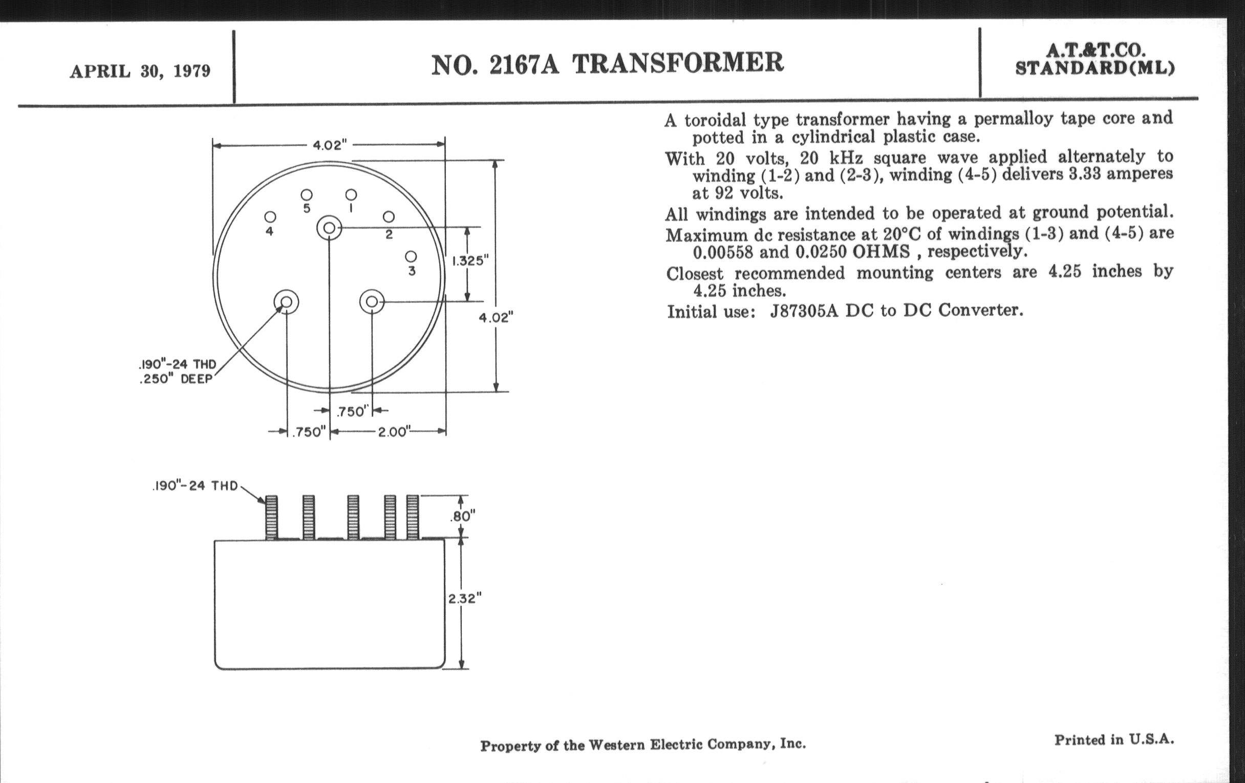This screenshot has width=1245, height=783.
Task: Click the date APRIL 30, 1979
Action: pyautogui.click(x=140, y=71)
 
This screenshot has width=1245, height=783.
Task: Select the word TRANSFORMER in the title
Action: pyautogui.click(x=677, y=63)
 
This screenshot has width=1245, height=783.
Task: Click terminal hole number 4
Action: pyautogui.click(x=270, y=217)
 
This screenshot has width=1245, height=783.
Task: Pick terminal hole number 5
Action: pyautogui.click(x=307, y=195)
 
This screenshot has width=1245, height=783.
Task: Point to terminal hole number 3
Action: pyautogui.click(x=411, y=257)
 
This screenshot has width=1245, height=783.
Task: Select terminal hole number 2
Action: pyautogui.click(x=389, y=217)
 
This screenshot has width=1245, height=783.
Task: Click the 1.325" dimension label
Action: pyautogui.click(x=470, y=260)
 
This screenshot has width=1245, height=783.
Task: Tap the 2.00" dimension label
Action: pyautogui.click(x=394, y=432)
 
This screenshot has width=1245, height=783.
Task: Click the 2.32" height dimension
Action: pyautogui.click(x=464, y=598)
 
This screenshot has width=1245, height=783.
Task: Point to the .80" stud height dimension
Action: pyautogui.click(x=462, y=516)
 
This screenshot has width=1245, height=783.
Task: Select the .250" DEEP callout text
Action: pyautogui.click(x=176, y=379)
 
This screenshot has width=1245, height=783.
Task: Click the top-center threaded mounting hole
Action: pyautogui.click(x=329, y=228)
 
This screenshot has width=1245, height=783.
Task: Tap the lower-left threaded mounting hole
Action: pyautogui.click(x=287, y=302)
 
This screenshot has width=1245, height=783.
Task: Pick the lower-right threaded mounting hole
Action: pyautogui.click(x=372, y=302)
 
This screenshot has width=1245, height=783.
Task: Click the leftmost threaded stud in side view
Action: pyautogui.click(x=271, y=517)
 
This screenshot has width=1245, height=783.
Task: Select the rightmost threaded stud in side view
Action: pyautogui.click(x=413, y=517)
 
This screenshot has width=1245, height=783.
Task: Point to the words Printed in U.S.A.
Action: pyautogui.click(x=1114, y=739)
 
